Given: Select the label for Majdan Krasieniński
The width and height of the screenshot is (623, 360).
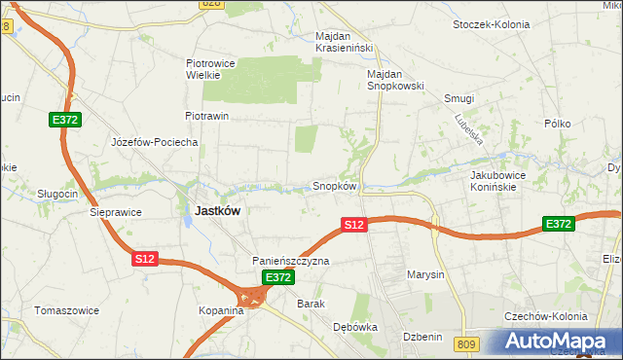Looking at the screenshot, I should point(345,43).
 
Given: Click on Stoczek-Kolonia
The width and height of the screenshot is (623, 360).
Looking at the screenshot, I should point(492,22).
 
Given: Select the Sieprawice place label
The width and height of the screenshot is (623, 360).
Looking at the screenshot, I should point(116,212).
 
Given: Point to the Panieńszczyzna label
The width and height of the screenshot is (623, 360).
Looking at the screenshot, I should point(291,261).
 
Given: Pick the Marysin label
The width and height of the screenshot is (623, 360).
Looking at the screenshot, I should point(425,274).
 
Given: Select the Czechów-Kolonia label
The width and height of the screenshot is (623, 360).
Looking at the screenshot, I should point(545,317).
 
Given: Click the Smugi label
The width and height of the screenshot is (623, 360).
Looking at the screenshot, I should point(458,99).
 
